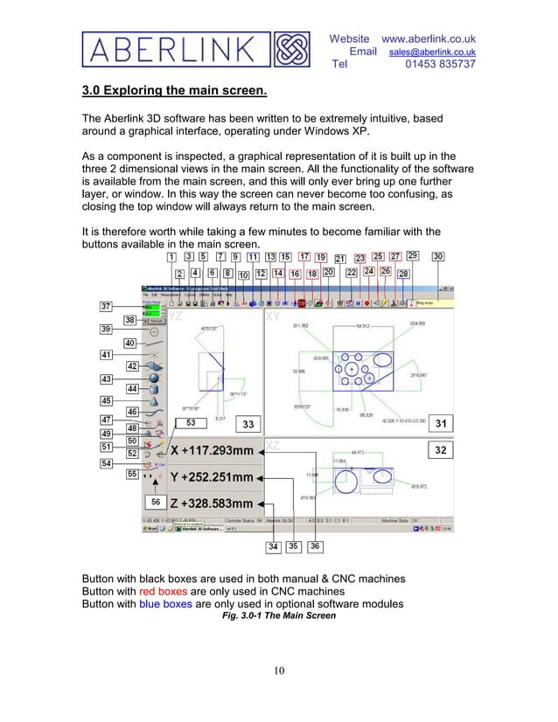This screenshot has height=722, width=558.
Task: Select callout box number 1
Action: coord(171,257)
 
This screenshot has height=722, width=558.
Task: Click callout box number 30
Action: coord(437,257)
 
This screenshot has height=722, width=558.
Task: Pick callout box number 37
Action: coord(105,307)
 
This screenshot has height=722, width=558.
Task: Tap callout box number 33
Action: coord(248,425)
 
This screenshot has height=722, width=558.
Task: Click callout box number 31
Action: coord(442,424)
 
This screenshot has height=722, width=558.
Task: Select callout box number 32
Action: coord(442,450)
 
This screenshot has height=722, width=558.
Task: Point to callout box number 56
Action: coord(155,503)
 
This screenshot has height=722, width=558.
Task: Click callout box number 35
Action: coord(293,546)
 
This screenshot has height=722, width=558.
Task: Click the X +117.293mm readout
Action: coord(213,451)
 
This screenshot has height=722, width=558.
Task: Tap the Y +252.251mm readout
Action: coord(213,478)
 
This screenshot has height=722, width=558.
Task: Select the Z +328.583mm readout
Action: coord(213,504)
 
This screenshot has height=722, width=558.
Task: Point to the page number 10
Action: coord(278,671)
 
